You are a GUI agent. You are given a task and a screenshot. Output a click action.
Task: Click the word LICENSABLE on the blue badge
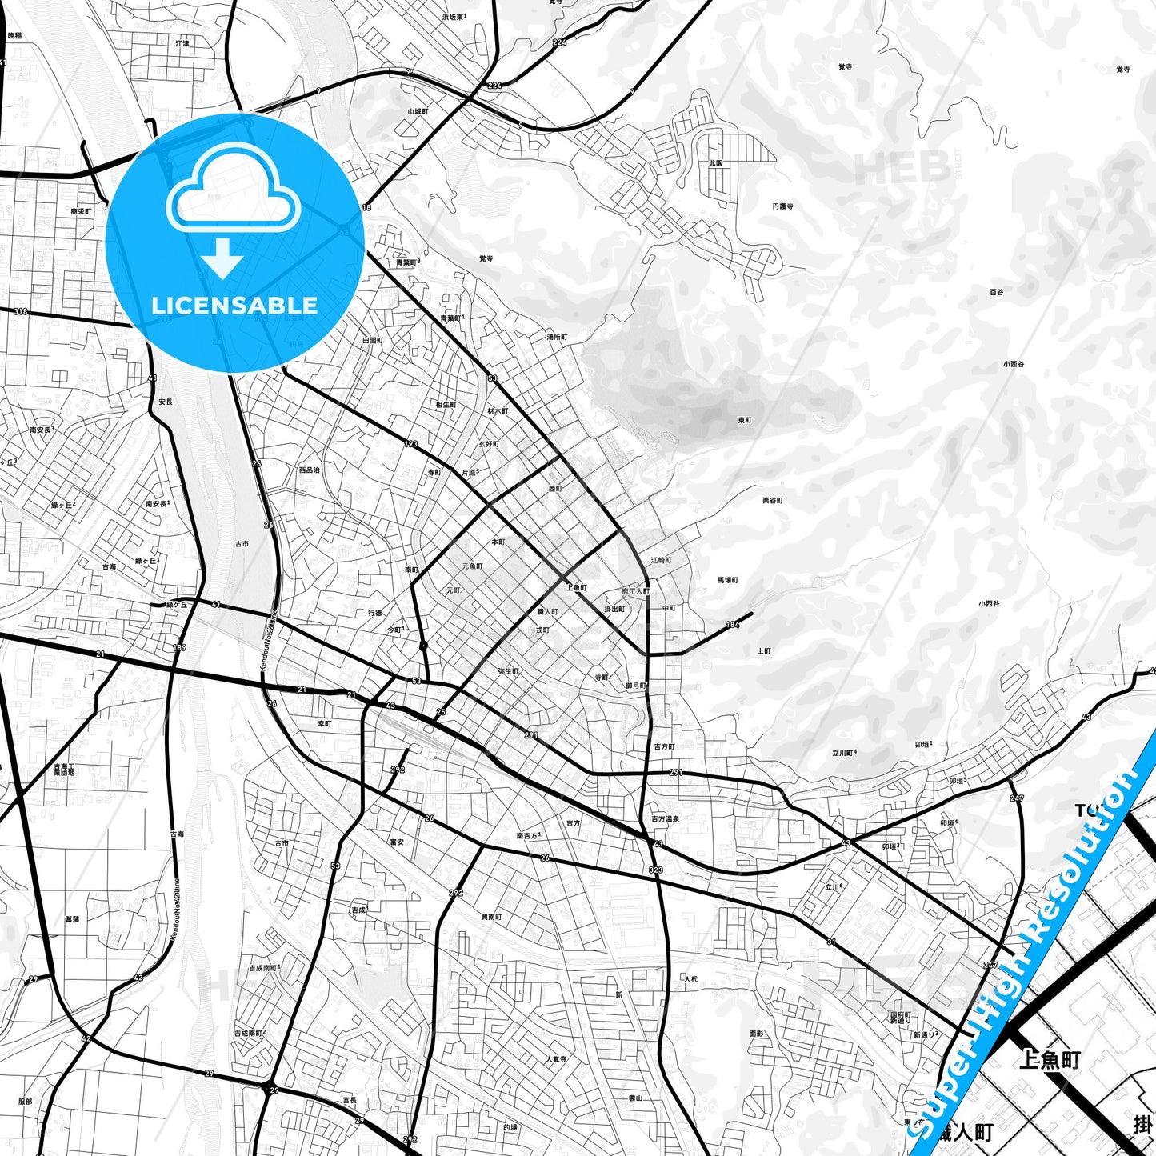[x=234, y=306]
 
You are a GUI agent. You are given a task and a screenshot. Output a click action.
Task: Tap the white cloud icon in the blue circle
[x=233, y=191]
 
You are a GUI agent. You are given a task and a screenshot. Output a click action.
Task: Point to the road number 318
[x=20, y=311]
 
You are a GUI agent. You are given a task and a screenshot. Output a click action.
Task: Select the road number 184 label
[x=732, y=625]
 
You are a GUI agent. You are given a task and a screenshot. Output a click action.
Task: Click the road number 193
[x=411, y=444]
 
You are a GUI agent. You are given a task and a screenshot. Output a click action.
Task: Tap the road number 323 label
[x=656, y=870]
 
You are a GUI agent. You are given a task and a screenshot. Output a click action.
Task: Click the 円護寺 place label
[x=782, y=206]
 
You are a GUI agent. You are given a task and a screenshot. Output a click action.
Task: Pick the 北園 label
[x=715, y=163]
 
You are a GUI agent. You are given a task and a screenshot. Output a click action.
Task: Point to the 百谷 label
[x=996, y=293]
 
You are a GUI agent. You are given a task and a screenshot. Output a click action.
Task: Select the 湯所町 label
[x=557, y=338]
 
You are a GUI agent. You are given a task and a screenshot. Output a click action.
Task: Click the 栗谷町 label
[x=773, y=501]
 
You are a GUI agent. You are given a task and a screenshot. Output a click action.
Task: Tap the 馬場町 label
[x=727, y=580]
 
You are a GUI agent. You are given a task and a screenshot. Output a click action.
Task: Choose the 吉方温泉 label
[x=665, y=819]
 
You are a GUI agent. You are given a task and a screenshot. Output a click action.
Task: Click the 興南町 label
[x=491, y=917]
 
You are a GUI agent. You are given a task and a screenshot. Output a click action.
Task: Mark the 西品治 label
[x=309, y=470]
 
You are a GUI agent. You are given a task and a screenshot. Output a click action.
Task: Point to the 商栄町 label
[x=81, y=212]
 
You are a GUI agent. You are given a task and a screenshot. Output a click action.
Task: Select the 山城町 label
[x=418, y=111]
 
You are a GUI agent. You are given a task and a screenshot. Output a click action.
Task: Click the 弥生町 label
[x=508, y=671]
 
